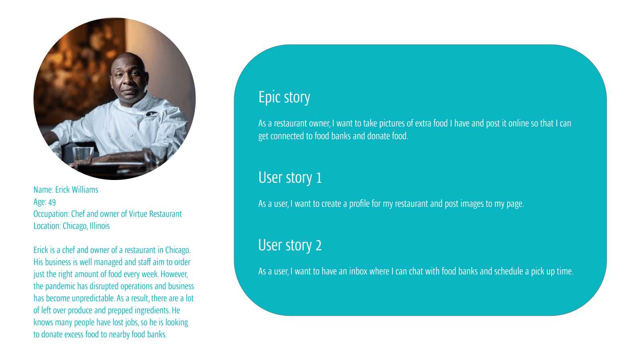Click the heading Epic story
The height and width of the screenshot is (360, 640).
284,98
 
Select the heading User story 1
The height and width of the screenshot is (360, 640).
290,178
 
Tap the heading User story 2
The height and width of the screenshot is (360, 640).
290,245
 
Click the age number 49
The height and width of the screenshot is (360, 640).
52,202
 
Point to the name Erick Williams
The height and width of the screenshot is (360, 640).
77,190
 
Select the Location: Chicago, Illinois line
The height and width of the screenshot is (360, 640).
71,226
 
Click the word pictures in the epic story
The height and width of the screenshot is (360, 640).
392,123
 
